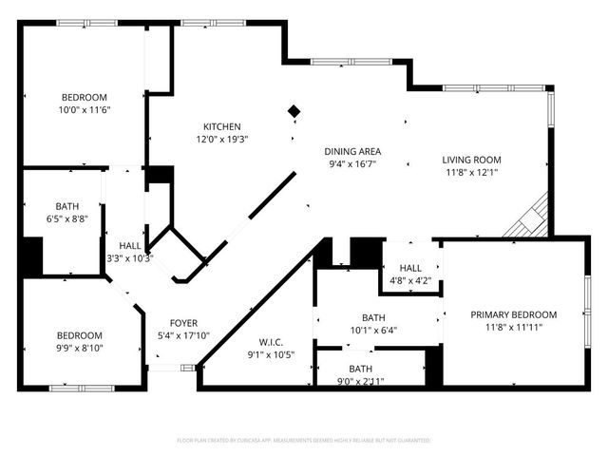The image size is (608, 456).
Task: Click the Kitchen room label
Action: (221, 126)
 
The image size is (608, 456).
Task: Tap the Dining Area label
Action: (352, 151)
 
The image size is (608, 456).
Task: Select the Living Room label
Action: (472, 160)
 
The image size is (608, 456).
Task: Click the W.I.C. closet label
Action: (271, 342)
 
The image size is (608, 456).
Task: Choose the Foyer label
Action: (183, 323)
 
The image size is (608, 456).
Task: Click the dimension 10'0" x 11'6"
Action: (84, 110)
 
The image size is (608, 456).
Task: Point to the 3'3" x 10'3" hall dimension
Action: (129, 257)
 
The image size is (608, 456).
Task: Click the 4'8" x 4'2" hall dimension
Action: (410, 281)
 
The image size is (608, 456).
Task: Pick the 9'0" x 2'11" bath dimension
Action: (360, 382)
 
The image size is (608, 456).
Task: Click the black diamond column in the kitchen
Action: (294, 112)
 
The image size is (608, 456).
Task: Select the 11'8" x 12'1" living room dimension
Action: (472, 173)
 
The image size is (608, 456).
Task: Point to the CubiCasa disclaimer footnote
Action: (304, 441)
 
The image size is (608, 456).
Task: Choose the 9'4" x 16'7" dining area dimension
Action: (352, 164)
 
